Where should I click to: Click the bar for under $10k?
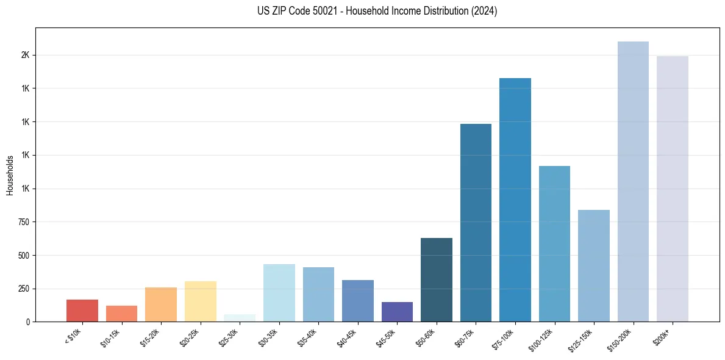tap(82, 311)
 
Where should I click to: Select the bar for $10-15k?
tap(121, 314)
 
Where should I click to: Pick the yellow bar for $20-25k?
tap(200, 301)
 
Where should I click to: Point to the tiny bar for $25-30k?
tap(240, 318)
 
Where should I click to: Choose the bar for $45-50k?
tap(397, 312)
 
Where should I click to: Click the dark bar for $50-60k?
tap(437, 279)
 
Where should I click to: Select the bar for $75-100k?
tap(515, 200)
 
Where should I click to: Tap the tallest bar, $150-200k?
tap(633, 181)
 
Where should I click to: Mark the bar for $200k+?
tap(673, 189)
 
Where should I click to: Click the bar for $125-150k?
tap(594, 265)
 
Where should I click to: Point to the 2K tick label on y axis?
tap(25, 56)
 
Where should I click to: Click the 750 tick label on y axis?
tap(24, 222)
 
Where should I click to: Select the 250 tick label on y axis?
tap(24, 289)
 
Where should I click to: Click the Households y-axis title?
tap(10, 175)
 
